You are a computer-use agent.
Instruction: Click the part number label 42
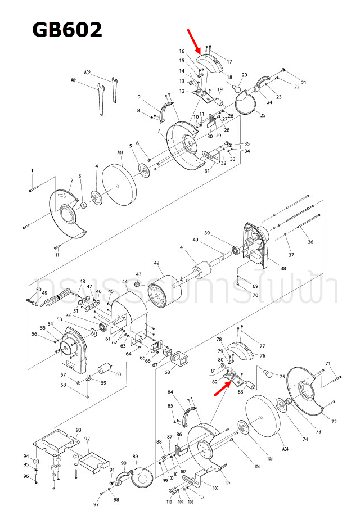coord(157,263)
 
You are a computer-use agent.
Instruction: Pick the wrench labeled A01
coord(100,98)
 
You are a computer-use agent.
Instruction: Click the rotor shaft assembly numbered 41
coord(202,272)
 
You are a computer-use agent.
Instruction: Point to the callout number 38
coord(283,269)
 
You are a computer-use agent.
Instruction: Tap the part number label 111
coord(58,255)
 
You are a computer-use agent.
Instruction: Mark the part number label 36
coord(310,242)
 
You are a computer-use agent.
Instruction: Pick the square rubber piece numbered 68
coord(181,358)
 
